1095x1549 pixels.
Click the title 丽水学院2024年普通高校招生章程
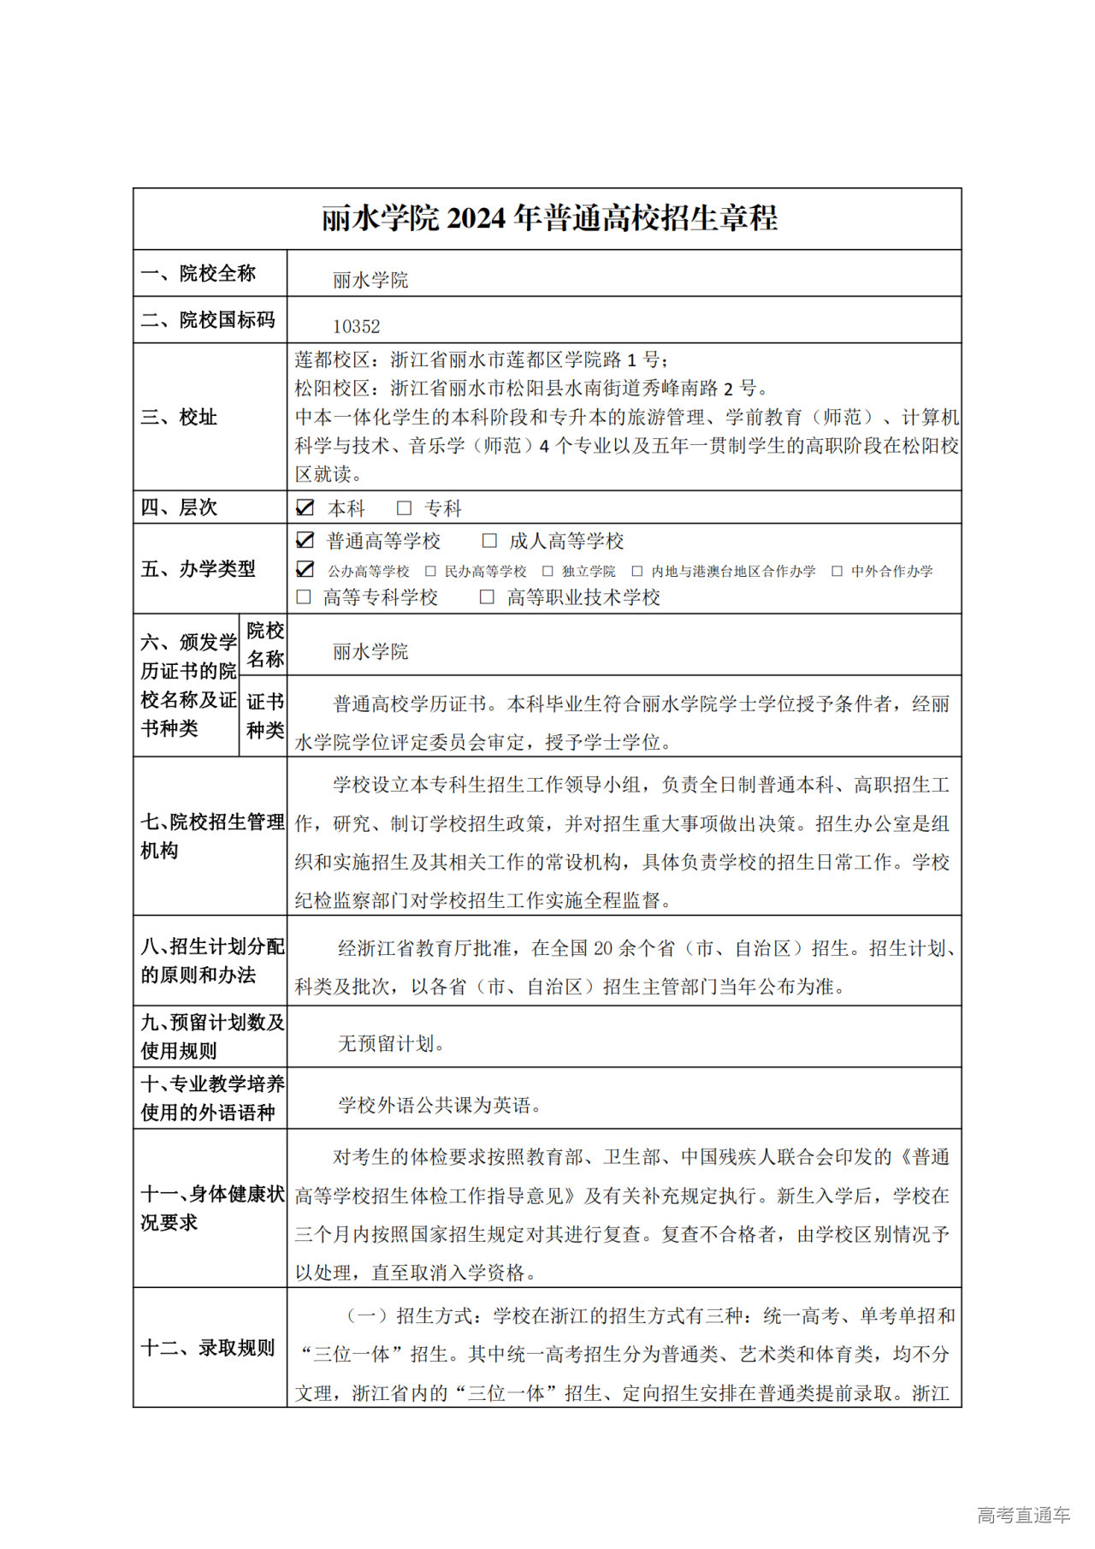549,218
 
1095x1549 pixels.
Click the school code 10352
356,326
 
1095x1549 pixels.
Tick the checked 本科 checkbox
305,507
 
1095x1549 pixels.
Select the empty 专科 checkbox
404,508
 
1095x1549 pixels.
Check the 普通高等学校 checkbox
305,540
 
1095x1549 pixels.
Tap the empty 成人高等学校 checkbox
489,540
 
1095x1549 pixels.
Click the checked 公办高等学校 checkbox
305,570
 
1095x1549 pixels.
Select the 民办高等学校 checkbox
430,571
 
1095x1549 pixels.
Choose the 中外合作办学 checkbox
837,571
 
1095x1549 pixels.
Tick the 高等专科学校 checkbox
304,596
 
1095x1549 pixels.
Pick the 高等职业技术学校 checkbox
487,596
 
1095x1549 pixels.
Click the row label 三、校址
179,417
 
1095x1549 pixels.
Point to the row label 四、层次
179,507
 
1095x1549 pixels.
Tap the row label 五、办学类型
198,568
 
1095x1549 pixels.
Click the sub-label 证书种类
264,715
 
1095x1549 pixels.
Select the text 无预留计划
390,1043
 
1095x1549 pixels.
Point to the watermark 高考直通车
1023,1515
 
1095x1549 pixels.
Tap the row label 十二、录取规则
208,1347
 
